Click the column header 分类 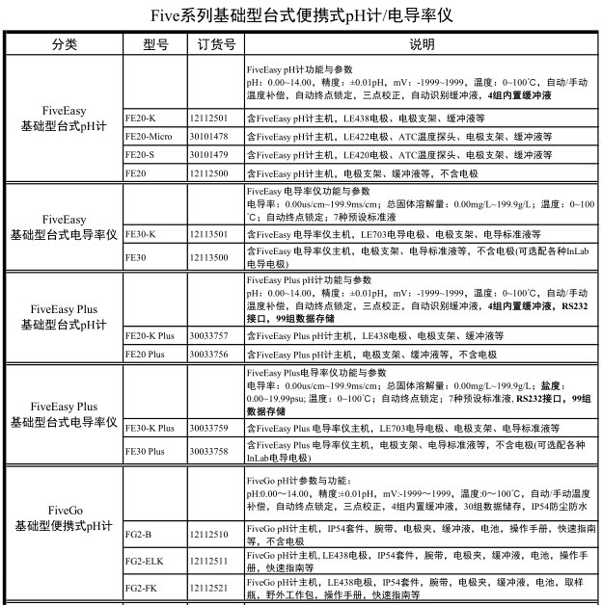pos(64,45)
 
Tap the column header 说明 pos(421,45)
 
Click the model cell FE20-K pos(141,118)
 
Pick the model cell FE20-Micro pos(149,137)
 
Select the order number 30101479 pos(209,154)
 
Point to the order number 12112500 pos(209,172)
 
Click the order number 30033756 pos(209,355)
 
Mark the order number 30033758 pos(209,451)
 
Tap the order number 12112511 pos(209,561)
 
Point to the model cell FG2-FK pos(141,588)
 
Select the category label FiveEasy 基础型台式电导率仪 pos(64,227)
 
